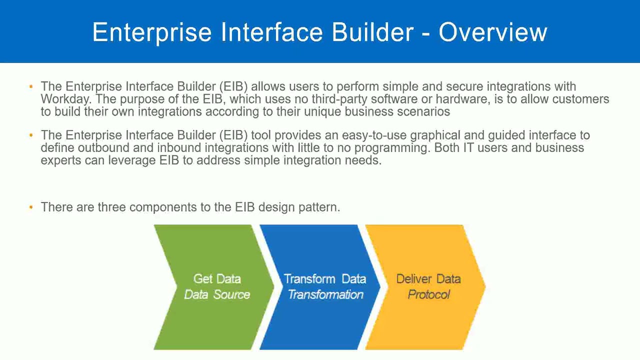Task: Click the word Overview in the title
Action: [x=492, y=32]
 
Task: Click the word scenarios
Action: [x=423, y=111]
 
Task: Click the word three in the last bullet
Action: [x=112, y=207]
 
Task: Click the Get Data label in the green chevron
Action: [x=217, y=279]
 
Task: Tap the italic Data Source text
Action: [x=217, y=294]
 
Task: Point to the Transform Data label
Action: [x=325, y=279]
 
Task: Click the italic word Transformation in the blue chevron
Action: [x=325, y=294]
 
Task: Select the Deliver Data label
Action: [x=428, y=279]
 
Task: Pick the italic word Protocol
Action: [x=428, y=294]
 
